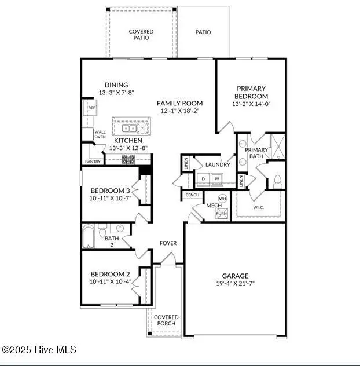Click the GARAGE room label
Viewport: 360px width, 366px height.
235,276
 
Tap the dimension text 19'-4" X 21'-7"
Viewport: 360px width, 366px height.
235,284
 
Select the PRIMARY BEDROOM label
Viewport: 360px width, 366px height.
251,92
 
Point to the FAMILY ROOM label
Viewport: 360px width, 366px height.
180,103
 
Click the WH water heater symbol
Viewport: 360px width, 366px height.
222,198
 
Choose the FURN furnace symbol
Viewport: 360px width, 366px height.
222,213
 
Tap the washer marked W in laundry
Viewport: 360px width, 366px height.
216,178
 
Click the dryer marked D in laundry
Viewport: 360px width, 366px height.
203,178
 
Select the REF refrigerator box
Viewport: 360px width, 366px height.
91,108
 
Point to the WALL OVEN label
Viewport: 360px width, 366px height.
100,134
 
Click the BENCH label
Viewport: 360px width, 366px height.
192,195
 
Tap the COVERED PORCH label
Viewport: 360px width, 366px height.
166,320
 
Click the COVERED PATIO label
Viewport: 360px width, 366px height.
141,35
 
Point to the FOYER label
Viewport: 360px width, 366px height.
168,243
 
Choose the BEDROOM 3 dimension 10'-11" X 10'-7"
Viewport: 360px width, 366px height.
111,198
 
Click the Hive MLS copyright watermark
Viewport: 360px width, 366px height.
39,350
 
